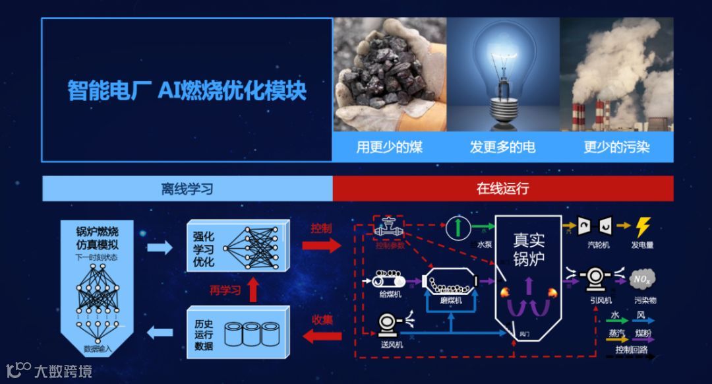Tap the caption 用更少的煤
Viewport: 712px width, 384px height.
(390, 146)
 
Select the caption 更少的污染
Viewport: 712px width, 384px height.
(616, 146)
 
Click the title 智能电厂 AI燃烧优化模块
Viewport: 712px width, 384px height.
(187, 90)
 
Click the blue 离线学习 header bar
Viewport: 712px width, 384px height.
(187, 189)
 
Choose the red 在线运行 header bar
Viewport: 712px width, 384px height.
(502, 189)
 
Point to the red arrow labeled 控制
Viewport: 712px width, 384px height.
(322, 245)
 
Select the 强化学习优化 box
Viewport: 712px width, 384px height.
(237, 248)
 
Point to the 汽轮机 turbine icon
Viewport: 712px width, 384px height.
(589, 226)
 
